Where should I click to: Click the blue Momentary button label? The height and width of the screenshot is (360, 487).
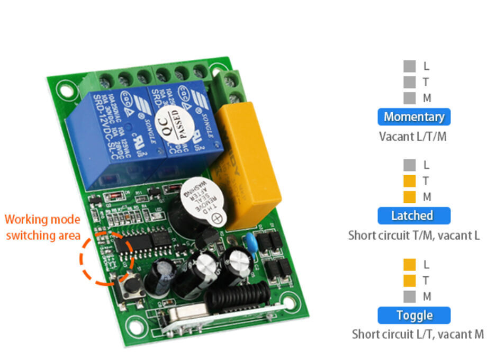pyautogui.click(x=414, y=117)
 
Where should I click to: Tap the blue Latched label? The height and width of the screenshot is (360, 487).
pyautogui.click(x=414, y=215)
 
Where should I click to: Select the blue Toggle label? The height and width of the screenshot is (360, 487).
pyautogui.click(x=414, y=316)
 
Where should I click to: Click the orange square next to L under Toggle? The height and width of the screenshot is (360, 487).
pyautogui.click(x=409, y=264)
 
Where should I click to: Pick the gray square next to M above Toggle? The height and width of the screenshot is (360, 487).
pyautogui.click(x=409, y=296)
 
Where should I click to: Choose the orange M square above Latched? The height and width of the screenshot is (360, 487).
pyautogui.click(x=409, y=197)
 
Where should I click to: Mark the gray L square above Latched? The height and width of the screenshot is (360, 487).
pyautogui.click(x=409, y=165)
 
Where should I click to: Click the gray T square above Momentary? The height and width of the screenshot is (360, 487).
pyautogui.click(x=409, y=82)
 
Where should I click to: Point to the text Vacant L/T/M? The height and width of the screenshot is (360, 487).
pyautogui.click(x=413, y=136)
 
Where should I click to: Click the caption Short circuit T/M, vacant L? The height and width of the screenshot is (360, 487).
pyautogui.click(x=414, y=235)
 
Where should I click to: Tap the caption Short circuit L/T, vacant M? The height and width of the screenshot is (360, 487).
pyautogui.click(x=418, y=334)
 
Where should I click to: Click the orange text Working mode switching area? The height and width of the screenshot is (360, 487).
pyautogui.click(x=42, y=227)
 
